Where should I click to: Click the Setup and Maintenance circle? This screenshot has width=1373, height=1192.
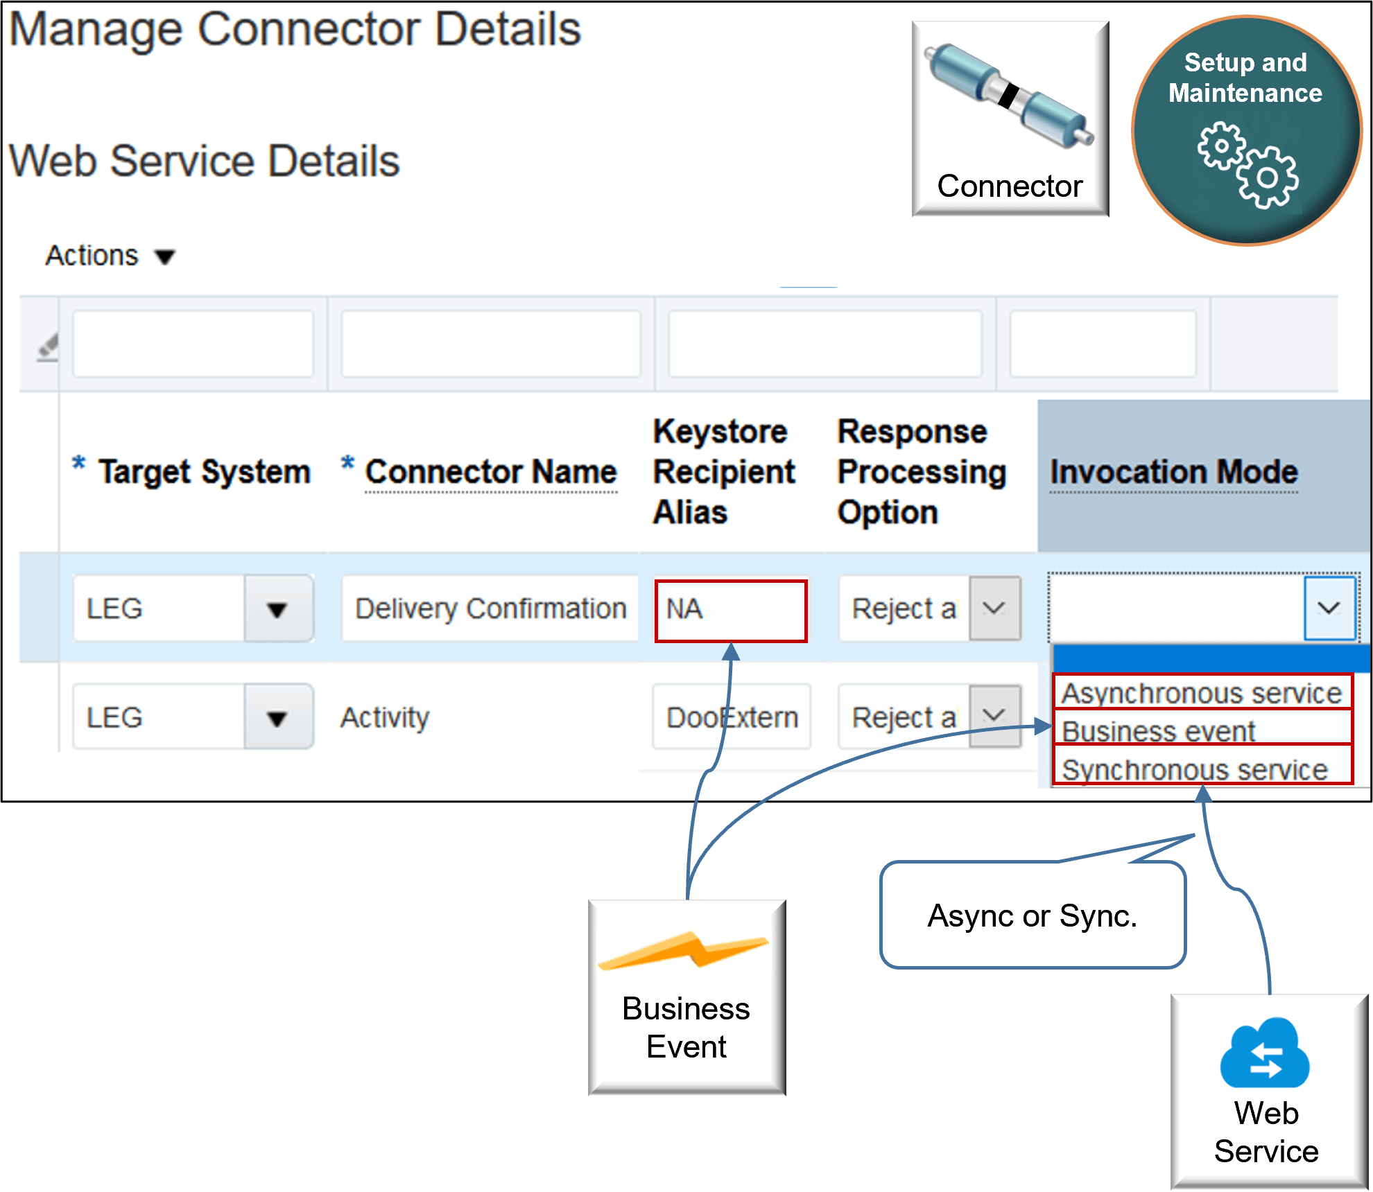1246,130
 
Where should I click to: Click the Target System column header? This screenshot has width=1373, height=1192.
204,472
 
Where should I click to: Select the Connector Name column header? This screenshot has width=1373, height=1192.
490,472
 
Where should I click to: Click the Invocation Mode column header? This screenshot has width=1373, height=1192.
1173,472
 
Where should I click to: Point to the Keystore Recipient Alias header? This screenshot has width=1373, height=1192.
723,472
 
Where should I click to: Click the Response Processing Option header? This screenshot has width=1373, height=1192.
922,472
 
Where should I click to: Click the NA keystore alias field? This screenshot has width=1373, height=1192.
730,610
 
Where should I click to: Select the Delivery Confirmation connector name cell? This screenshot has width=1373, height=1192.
490,609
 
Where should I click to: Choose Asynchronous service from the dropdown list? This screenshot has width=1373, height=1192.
1202,692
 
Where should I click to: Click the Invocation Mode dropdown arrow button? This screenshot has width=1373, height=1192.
1329,608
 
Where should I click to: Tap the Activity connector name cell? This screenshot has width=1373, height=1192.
385,718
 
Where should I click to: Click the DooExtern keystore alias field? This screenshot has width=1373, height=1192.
732,718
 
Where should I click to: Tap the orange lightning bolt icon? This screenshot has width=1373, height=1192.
684,950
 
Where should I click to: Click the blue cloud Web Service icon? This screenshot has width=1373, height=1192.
1265,1053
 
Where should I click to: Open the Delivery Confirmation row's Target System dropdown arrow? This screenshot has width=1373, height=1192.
277,610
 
